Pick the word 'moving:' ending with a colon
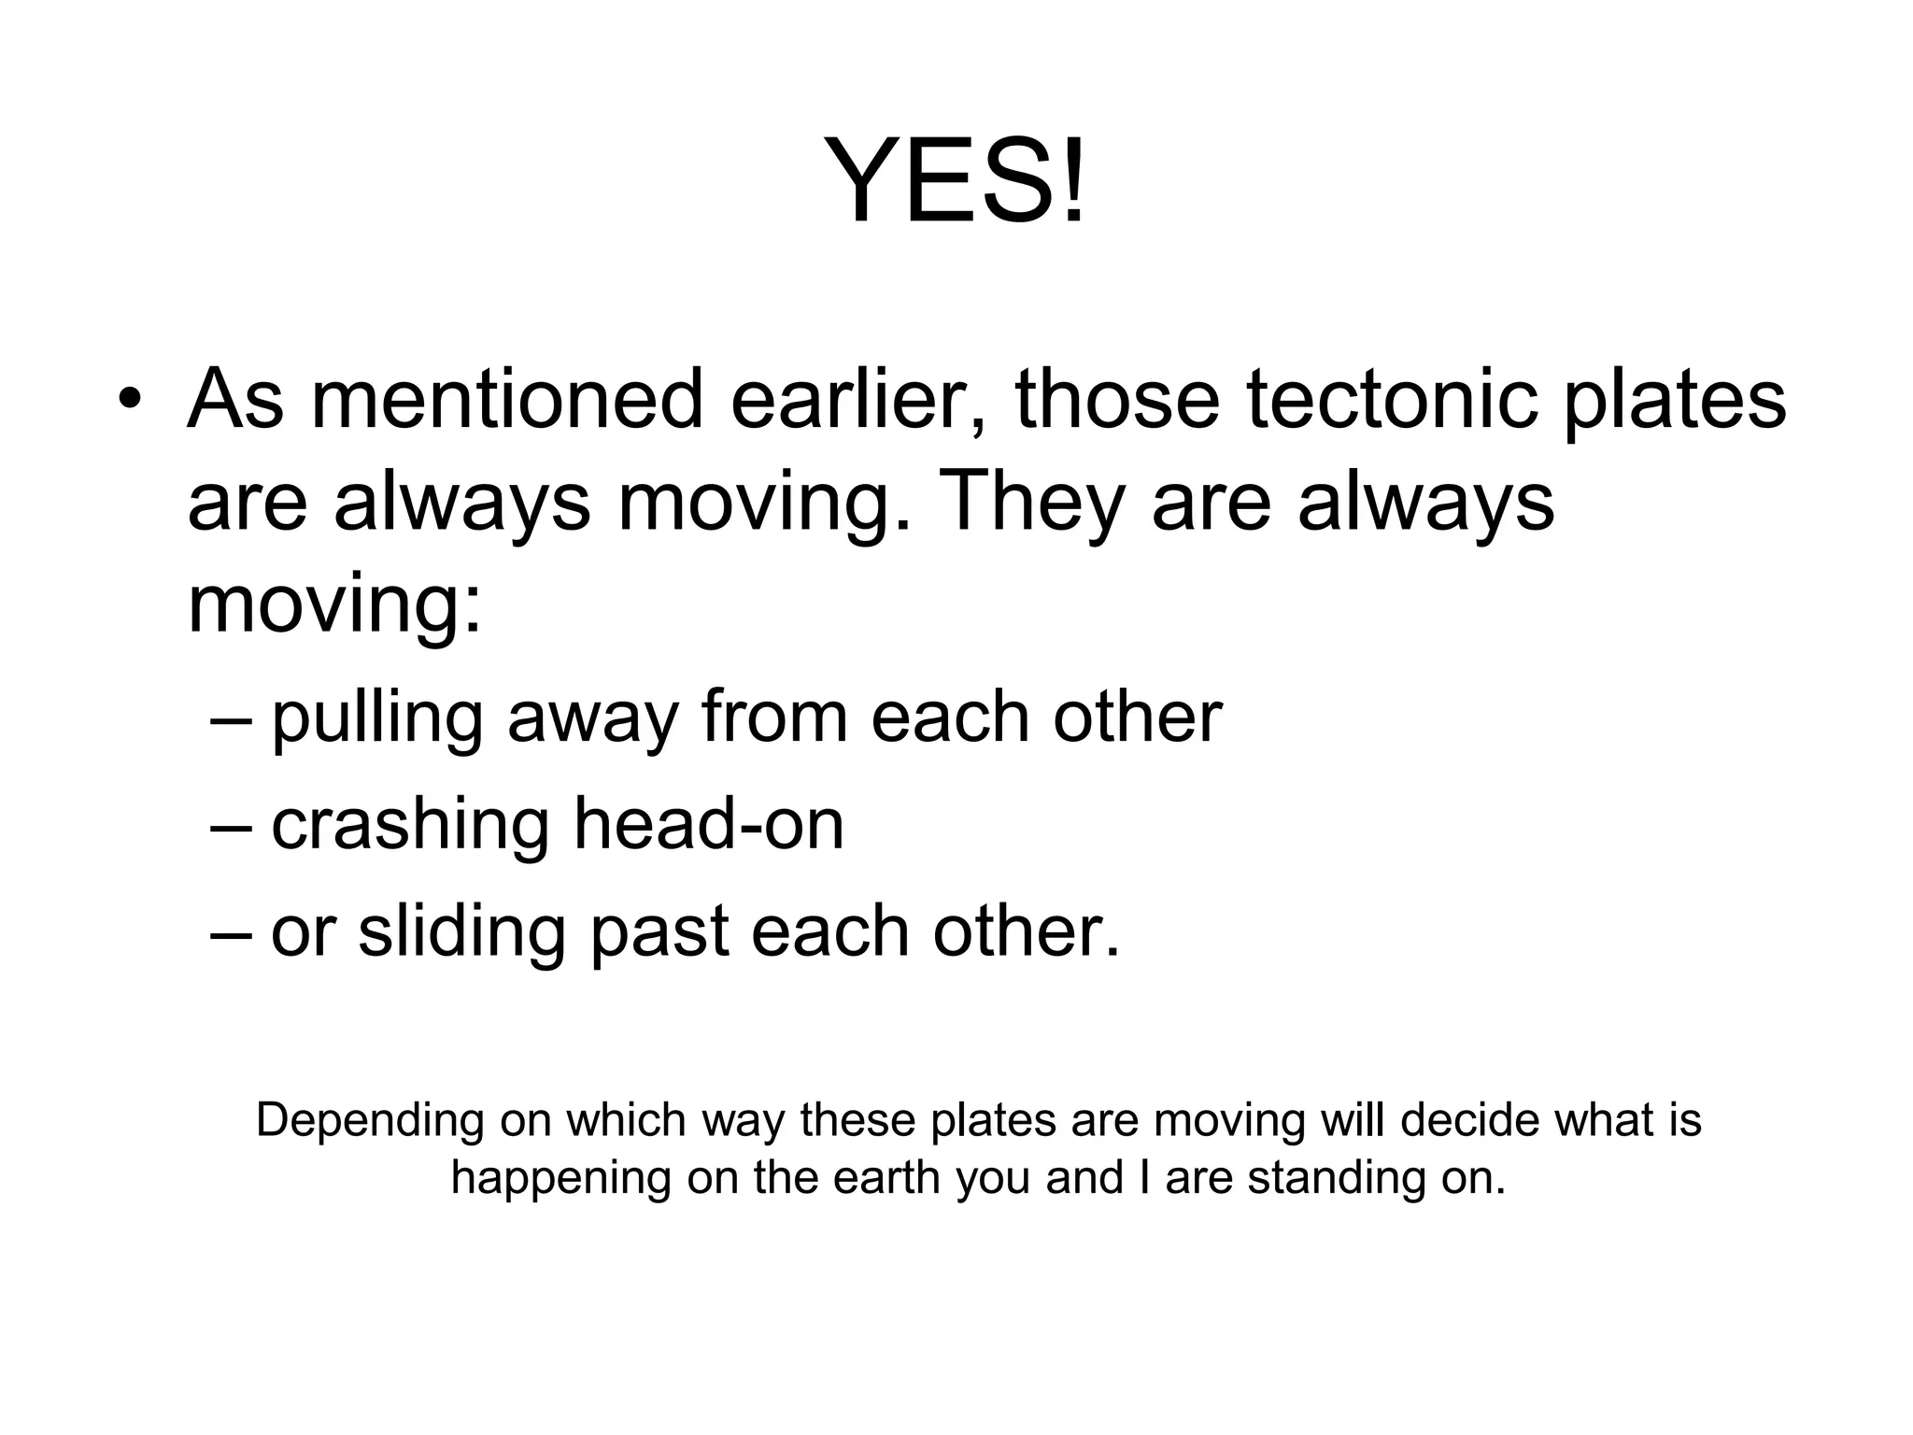coord(334,605)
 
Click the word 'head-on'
coord(708,825)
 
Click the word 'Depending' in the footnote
coord(370,1121)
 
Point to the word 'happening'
coord(560,1179)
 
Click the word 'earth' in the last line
coord(886,1177)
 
